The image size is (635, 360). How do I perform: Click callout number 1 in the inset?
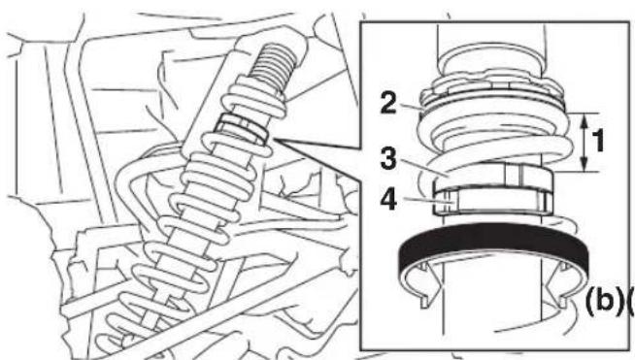597,142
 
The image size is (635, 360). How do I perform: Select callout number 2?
388,103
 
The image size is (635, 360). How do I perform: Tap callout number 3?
388,158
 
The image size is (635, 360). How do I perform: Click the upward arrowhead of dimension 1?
585,120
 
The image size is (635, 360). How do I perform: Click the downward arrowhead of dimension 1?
585,165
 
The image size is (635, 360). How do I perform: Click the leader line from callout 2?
411,106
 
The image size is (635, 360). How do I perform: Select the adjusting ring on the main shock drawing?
241,127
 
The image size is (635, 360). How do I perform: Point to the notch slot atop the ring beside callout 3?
512,175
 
